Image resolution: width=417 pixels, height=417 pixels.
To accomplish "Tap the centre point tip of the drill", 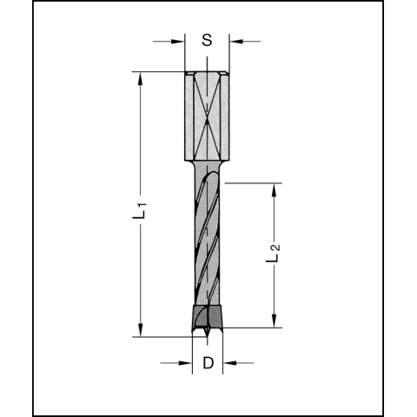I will pos(207,334).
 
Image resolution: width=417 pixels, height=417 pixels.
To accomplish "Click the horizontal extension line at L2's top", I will pos(252,182).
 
